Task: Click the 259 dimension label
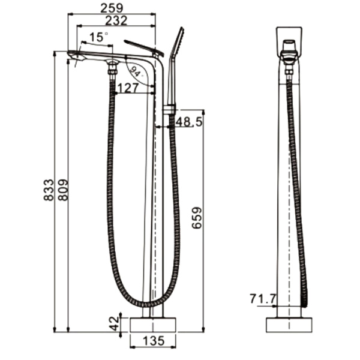[112, 8]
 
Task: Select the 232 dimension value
[116, 20]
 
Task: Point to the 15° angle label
[98, 37]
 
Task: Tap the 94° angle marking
[137, 71]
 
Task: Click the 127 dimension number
[128, 88]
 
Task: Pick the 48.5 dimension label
[189, 121]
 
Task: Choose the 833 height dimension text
[49, 190]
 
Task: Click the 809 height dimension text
[63, 190]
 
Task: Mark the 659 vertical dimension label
[197, 218]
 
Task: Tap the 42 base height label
[114, 323]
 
